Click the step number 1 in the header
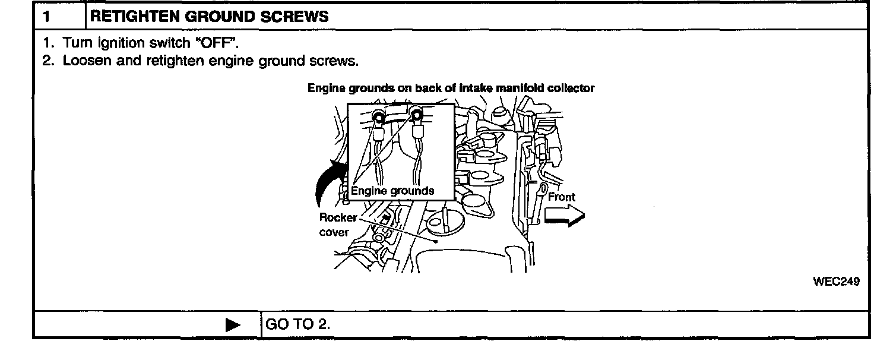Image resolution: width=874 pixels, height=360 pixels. [45, 17]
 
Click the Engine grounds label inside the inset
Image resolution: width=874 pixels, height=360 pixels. [392, 191]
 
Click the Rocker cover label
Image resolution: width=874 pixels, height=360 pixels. [338, 225]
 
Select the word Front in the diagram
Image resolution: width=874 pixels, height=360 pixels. [561, 197]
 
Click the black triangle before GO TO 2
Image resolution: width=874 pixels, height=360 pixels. [233, 324]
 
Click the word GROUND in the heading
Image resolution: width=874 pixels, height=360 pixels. [220, 17]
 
